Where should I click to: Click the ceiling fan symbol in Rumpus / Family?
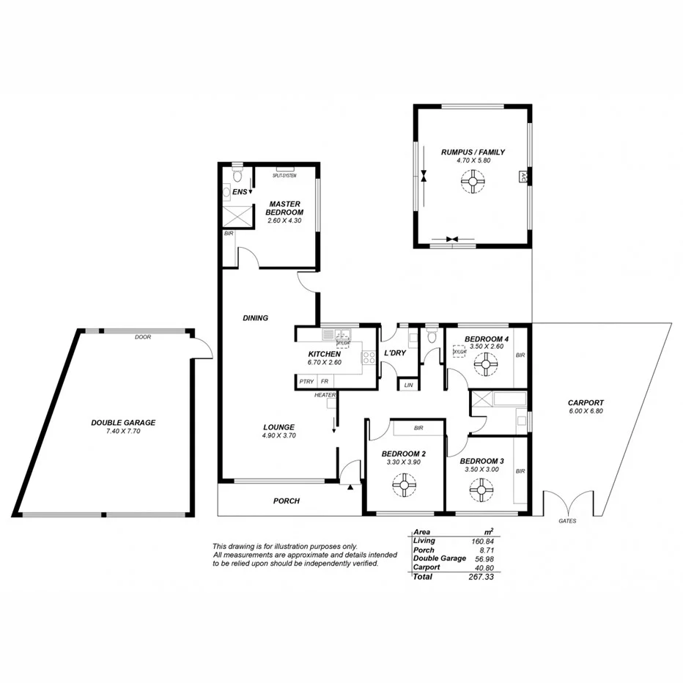coord(473,180)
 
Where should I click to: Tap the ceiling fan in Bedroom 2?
coord(402,484)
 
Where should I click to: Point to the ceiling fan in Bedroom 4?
coord(484,362)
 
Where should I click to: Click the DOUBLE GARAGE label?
coord(123,423)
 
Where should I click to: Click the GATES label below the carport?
coord(567,521)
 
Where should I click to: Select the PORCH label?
coord(287,501)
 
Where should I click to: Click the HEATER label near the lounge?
coord(325,395)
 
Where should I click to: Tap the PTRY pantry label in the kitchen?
coord(306,382)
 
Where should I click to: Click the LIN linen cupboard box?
coord(408,385)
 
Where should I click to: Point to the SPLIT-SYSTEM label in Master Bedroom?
coord(284,176)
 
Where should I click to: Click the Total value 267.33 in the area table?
coord(481,577)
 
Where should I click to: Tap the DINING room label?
coord(255,318)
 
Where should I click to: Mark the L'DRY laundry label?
coord(395,353)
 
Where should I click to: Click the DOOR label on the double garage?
coord(143,338)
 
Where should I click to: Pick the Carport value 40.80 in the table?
coord(483,567)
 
